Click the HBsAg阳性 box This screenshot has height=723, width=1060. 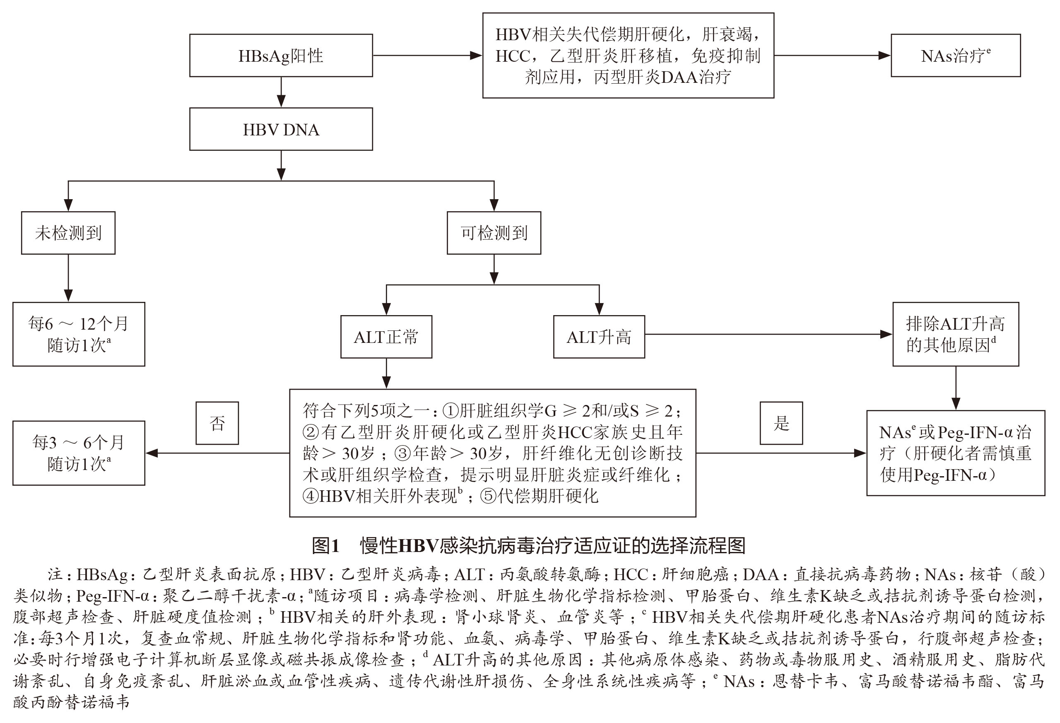pos(281,55)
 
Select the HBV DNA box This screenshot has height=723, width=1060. pos(281,130)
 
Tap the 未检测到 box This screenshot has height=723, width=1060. pos(68,233)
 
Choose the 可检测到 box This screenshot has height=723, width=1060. pos(494,233)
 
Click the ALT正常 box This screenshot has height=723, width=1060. pos(386,337)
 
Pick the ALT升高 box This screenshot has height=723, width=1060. pos(599,337)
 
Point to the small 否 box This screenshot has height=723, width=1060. pos(217,423)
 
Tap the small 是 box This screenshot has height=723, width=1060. pos(781,423)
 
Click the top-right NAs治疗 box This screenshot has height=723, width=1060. pos(956,55)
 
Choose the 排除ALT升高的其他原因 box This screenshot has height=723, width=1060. pos(956,334)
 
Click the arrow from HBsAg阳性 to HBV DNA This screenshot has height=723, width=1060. pos(281,93)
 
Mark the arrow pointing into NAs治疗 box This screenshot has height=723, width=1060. pos(832,55)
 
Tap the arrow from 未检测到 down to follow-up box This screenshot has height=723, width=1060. pos(68,278)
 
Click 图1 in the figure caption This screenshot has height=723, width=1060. pos(326,545)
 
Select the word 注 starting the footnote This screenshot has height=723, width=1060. pos(54,574)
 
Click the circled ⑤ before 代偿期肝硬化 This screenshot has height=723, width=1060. pos(488,496)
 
